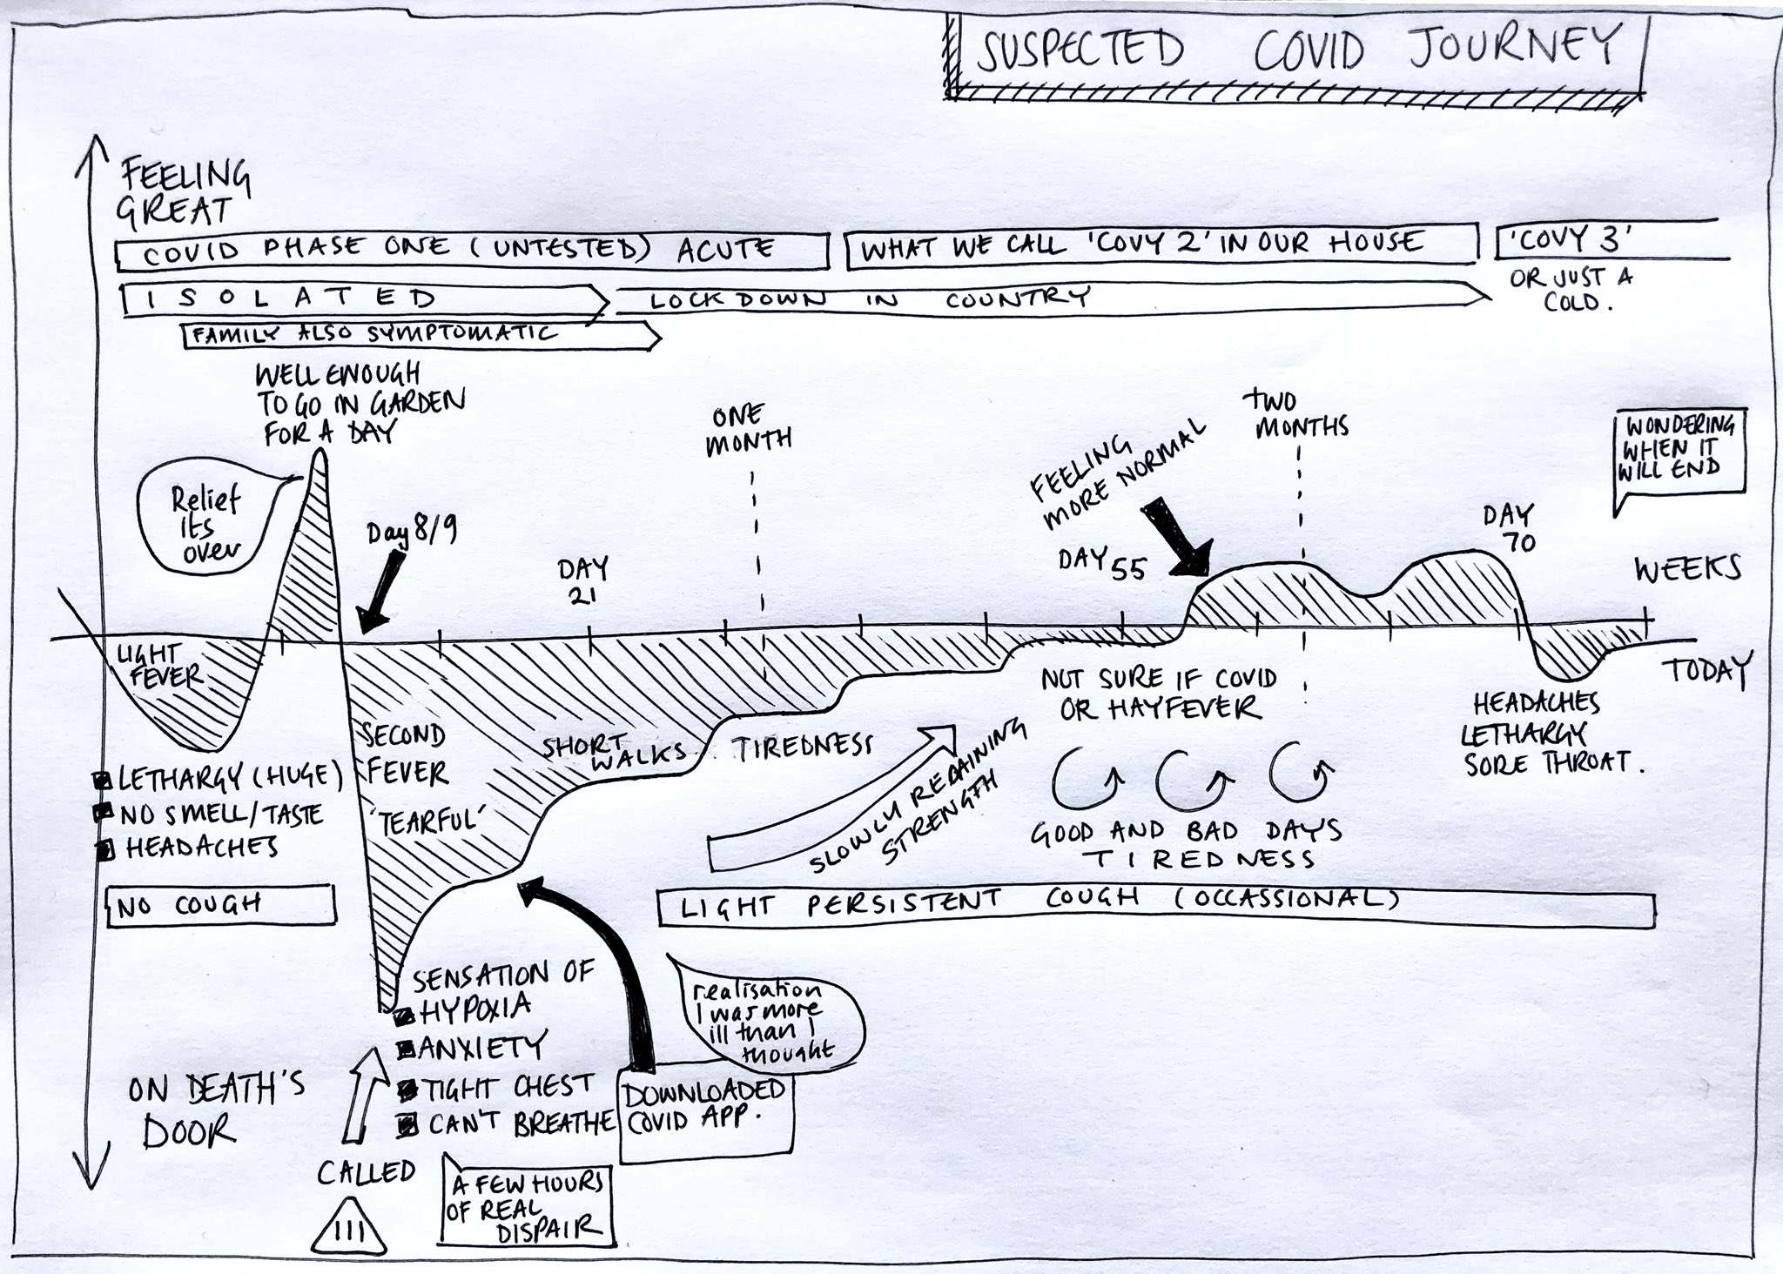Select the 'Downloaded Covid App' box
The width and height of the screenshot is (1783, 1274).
click(705, 1114)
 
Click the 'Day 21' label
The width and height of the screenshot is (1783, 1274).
click(582, 583)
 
